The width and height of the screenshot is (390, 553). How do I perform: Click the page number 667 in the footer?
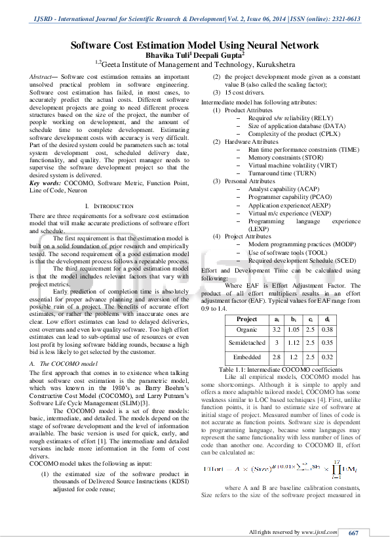point(353,533)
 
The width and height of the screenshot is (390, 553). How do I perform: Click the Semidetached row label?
point(246,342)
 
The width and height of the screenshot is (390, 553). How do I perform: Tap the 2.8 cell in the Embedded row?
point(276,357)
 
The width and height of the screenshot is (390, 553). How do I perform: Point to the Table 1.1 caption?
point(283,370)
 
